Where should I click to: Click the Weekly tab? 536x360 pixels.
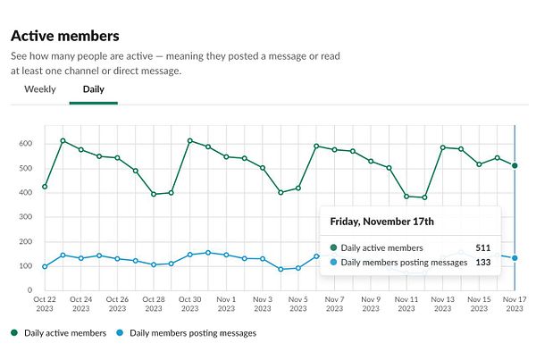point(40,89)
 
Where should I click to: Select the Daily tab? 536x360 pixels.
point(93,89)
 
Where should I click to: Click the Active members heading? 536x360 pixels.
point(64,36)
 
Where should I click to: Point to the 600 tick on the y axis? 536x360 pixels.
point(25,144)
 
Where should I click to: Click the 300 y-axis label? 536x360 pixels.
point(25,217)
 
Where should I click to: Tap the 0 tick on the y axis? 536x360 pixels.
point(29,290)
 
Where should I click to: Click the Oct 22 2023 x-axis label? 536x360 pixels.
point(44,304)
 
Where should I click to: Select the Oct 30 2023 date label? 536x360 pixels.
point(189,304)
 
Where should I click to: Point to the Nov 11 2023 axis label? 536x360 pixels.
point(406,304)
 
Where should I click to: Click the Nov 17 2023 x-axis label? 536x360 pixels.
point(515,304)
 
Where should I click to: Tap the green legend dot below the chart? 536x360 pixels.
point(15,333)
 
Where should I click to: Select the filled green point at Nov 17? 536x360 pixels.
point(515,165)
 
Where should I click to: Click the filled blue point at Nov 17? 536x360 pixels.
point(515,258)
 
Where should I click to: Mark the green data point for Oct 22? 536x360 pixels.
point(45,187)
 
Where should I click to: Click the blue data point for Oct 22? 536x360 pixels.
point(45,266)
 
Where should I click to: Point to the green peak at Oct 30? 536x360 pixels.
point(189,140)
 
